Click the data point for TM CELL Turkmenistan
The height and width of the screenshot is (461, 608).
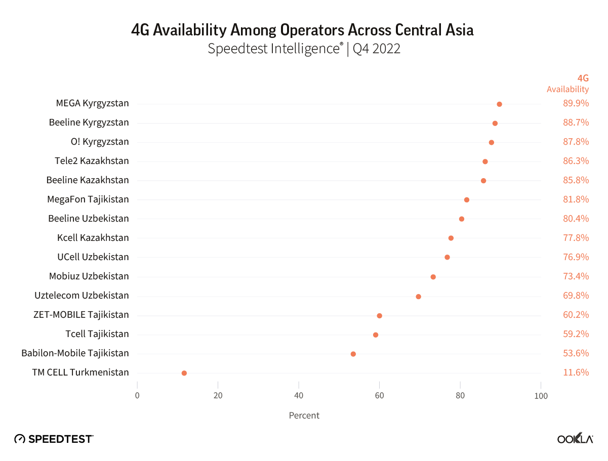184,373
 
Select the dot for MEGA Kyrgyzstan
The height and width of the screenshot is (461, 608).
499,104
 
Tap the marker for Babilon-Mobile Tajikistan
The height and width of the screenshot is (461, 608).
353,354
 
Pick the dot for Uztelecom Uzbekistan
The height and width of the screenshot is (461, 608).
418,297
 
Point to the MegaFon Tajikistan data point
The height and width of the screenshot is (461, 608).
467,200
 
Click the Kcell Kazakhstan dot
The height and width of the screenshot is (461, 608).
451,238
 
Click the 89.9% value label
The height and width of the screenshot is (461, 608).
576,104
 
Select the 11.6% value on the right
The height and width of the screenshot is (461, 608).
576,372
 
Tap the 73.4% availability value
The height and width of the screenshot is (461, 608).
576,276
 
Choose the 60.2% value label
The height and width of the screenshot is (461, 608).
576,315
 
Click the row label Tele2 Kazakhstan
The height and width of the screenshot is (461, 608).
92,161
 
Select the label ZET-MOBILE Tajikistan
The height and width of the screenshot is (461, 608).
81,315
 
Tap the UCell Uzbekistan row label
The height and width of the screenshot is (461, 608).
93,257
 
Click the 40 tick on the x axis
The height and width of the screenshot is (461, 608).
299,396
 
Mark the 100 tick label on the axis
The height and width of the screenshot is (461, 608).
541,396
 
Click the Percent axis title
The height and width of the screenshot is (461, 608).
304,415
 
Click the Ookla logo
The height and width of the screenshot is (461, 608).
575,439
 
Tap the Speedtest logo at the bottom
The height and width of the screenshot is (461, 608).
54,439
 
